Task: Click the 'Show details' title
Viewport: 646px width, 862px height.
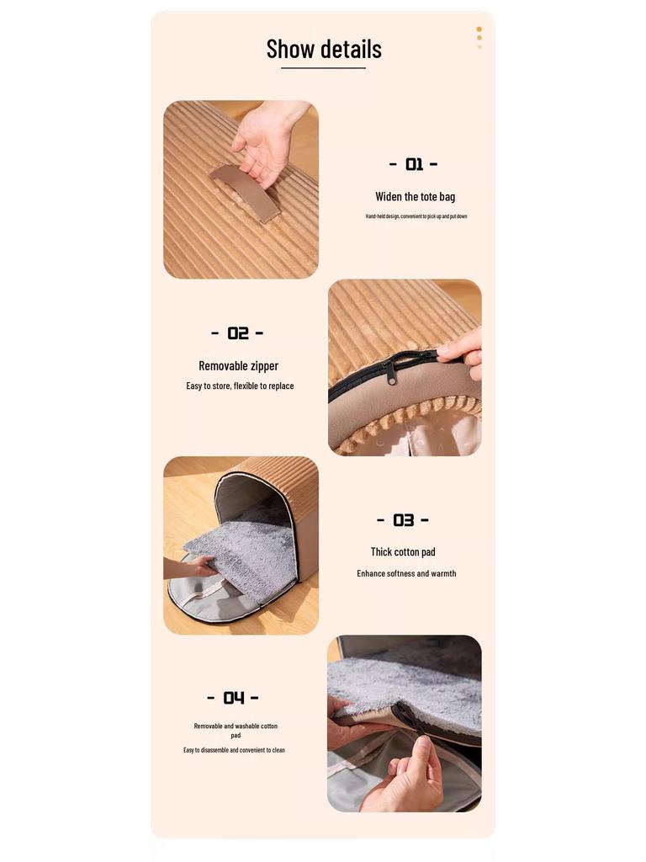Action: click(x=324, y=49)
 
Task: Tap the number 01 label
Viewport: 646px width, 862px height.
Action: click(x=414, y=164)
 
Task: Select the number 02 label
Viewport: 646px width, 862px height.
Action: click(x=237, y=333)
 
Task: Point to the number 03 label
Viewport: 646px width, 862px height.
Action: click(x=403, y=520)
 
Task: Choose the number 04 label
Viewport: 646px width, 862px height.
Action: click(x=233, y=698)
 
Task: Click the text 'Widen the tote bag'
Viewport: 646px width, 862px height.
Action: click(x=415, y=197)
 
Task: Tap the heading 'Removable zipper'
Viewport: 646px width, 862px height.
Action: click(x=238, y=366)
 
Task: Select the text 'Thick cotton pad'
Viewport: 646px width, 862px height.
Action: click(x=403, y=552)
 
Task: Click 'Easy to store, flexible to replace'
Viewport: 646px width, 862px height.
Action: click(x=240, y=386)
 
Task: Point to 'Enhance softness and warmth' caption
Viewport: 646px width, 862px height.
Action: click(x=406, y=574)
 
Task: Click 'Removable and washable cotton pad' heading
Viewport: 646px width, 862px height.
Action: click(x=236, y=730)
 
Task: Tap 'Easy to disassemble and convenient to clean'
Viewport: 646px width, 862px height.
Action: click(x=234, y=750)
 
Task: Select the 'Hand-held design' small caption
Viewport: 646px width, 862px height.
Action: click(x=416, y=216)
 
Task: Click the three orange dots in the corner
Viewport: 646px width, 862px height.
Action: click(x=479, y=37)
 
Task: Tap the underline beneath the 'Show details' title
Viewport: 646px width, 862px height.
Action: click(x=323, y=68)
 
